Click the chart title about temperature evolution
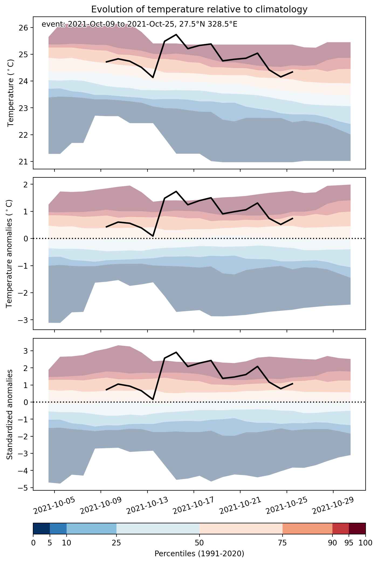[x=199, y=9]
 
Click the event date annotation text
[x=139, y=24]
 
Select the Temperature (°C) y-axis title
[x=11, y=93]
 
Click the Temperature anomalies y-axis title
[x=9, y=253]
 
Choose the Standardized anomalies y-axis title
[x=9, y=414]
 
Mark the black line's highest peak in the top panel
[x=176, y=35]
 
